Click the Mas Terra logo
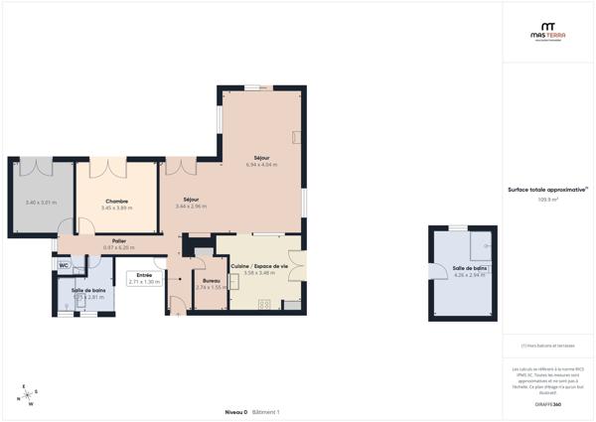548,32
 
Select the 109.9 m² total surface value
548,200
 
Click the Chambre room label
117,202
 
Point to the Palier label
118,240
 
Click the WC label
64,266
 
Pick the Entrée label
144,275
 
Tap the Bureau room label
210,281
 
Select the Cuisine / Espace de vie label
259,266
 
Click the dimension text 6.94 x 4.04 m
261,165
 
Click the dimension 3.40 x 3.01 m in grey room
41,203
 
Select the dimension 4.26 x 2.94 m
470,275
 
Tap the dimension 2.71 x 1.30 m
144,282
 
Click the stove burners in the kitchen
264,304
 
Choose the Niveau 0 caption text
235,412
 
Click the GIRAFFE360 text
548,404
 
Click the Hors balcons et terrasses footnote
548,346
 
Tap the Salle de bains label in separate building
470,268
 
